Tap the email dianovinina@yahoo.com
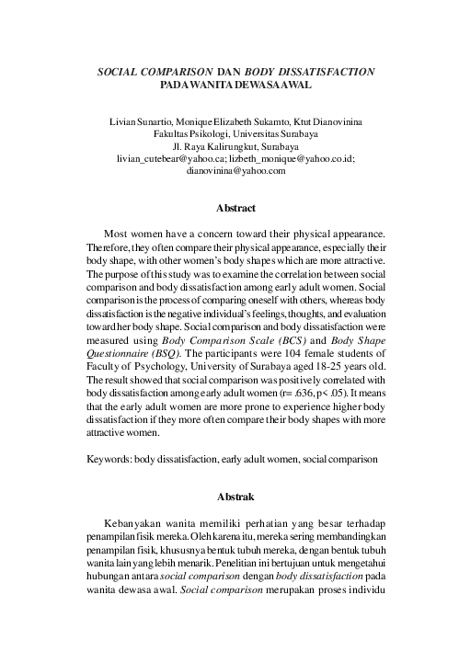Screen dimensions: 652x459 tap(230, 170)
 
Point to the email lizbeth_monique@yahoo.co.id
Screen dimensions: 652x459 tap(288, 157)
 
